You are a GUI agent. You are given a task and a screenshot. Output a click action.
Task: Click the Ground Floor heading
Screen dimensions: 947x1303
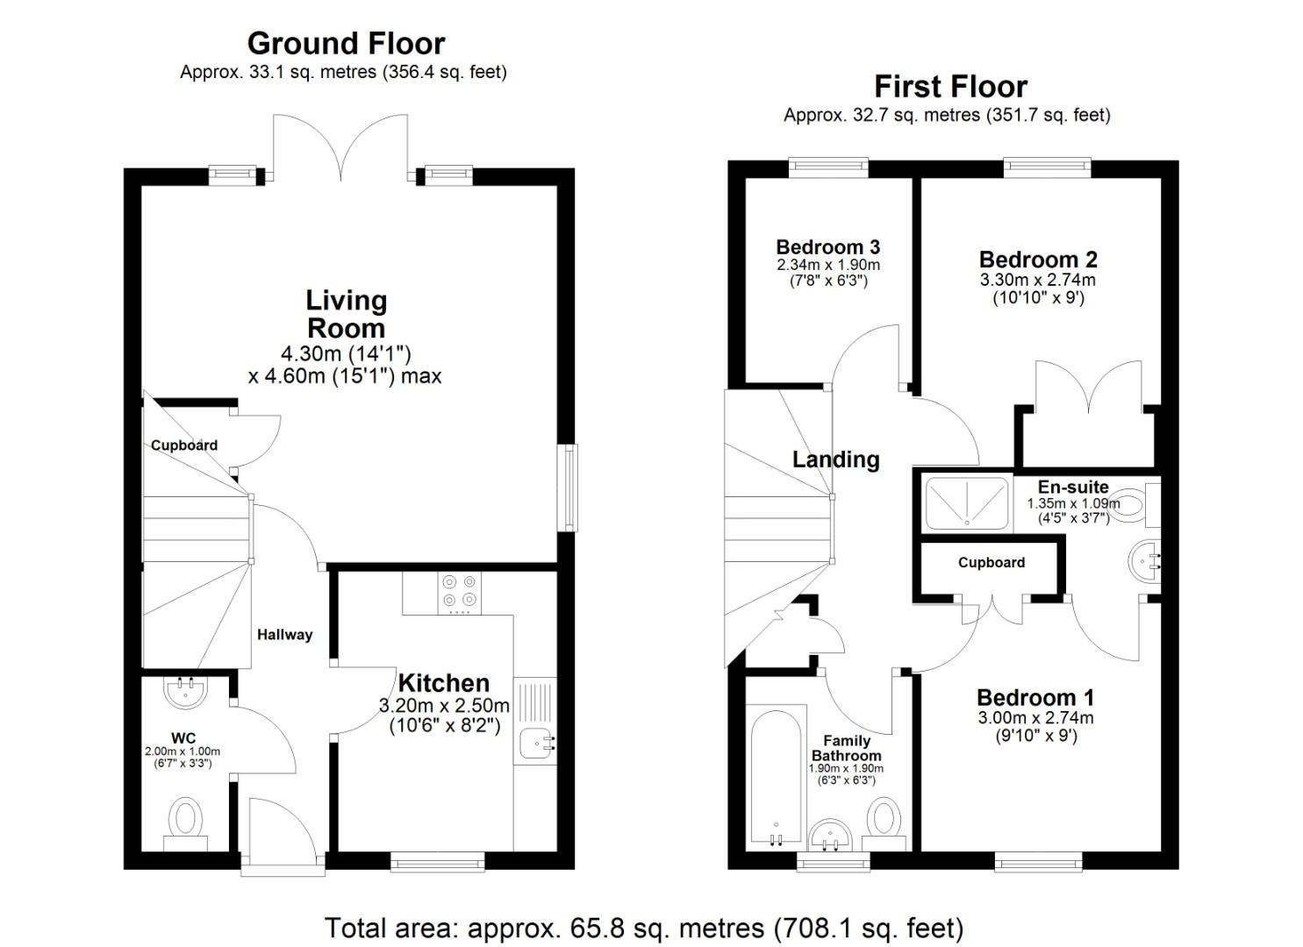tap(346, 43)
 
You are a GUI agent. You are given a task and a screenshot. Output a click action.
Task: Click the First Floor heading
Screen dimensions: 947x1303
tap(950, 86)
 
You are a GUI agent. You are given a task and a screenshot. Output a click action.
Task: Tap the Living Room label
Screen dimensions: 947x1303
tap(346, 314)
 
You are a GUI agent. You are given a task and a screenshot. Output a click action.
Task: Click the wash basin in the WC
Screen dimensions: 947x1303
tap(185, 691)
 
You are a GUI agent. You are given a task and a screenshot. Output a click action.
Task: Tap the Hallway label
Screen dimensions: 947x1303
tap(284, 635)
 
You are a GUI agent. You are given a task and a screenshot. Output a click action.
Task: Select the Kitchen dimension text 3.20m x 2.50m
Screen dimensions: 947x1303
tap(444, 706)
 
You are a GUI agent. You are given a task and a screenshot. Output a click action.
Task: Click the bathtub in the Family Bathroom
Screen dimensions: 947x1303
tap(775, 776)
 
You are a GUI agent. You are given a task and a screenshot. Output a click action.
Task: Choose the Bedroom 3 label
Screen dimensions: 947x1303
tap(827, 247)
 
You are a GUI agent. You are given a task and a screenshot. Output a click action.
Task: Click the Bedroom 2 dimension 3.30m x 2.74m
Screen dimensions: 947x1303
tap(1038, 281)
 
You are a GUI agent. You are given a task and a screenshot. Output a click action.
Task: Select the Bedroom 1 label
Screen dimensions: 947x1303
tap(1035, 698)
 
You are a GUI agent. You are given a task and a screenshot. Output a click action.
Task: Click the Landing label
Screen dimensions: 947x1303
tap(835, 459)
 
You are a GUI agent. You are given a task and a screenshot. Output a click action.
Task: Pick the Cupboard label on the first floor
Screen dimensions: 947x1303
tap(991, 563)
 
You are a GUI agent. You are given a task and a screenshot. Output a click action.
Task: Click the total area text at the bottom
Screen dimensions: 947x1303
tap(644, 927)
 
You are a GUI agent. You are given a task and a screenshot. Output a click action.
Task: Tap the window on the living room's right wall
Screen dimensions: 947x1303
tap(570, 488)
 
